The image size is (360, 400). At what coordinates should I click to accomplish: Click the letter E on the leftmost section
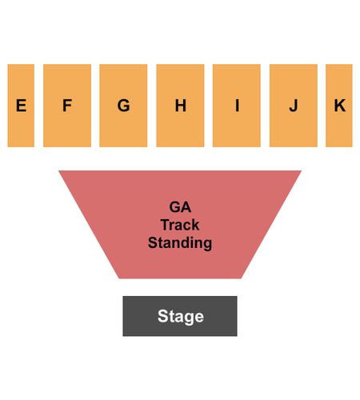[21, 106]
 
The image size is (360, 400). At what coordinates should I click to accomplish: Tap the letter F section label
[67, 106]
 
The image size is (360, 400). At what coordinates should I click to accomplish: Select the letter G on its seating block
[124, 106]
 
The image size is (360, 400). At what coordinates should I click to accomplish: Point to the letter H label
[181, 106]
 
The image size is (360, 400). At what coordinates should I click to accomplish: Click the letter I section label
[237, 106]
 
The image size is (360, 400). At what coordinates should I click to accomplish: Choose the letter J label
[294, 106]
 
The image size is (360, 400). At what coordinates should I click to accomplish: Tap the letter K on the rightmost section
[340, 106]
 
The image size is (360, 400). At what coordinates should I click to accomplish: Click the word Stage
[181, 317]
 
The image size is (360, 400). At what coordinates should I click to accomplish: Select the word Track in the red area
[180, 225]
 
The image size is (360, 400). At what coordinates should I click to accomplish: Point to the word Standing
[180, 243]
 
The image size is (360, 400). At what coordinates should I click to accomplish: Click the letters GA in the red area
[180, 207]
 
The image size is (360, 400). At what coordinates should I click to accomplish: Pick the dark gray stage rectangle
[180, 316]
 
